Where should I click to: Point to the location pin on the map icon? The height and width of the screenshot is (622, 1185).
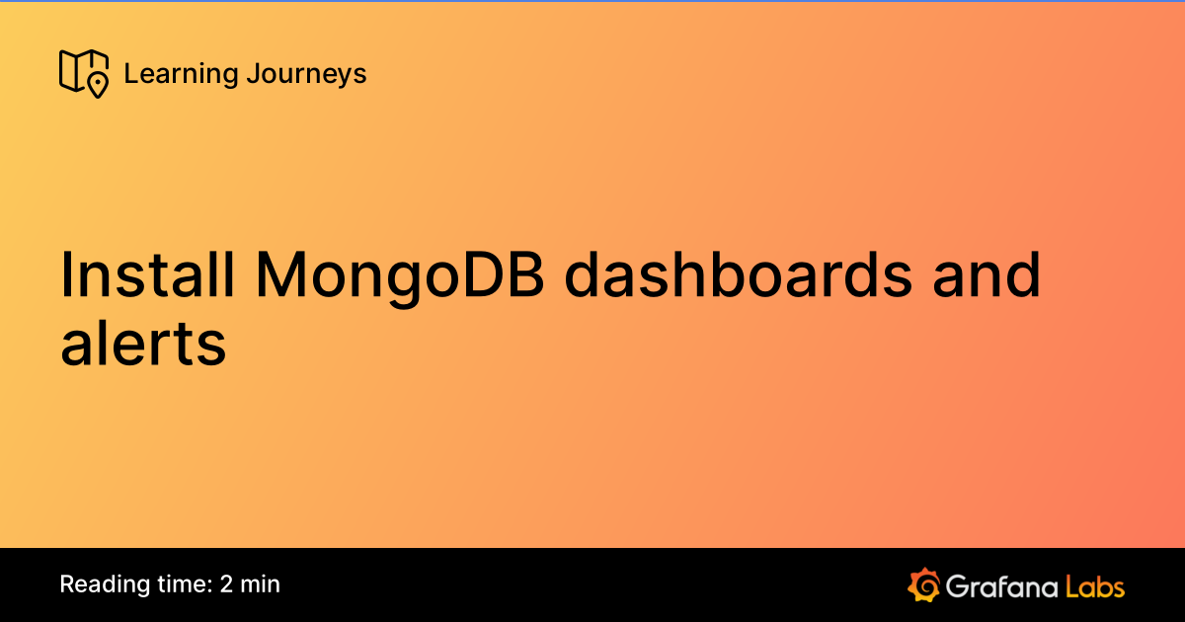pos(97,85)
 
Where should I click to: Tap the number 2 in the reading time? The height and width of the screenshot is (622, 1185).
pos(227,583)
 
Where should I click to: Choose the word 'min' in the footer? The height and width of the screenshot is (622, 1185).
pos(261,583)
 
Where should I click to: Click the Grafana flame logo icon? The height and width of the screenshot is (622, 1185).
pos(923,584)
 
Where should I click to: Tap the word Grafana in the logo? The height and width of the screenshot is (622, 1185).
pos(1000,585)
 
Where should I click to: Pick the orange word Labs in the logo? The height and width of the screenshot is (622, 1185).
pos(1094,585)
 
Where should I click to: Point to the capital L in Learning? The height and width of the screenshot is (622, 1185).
pos(129,73)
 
